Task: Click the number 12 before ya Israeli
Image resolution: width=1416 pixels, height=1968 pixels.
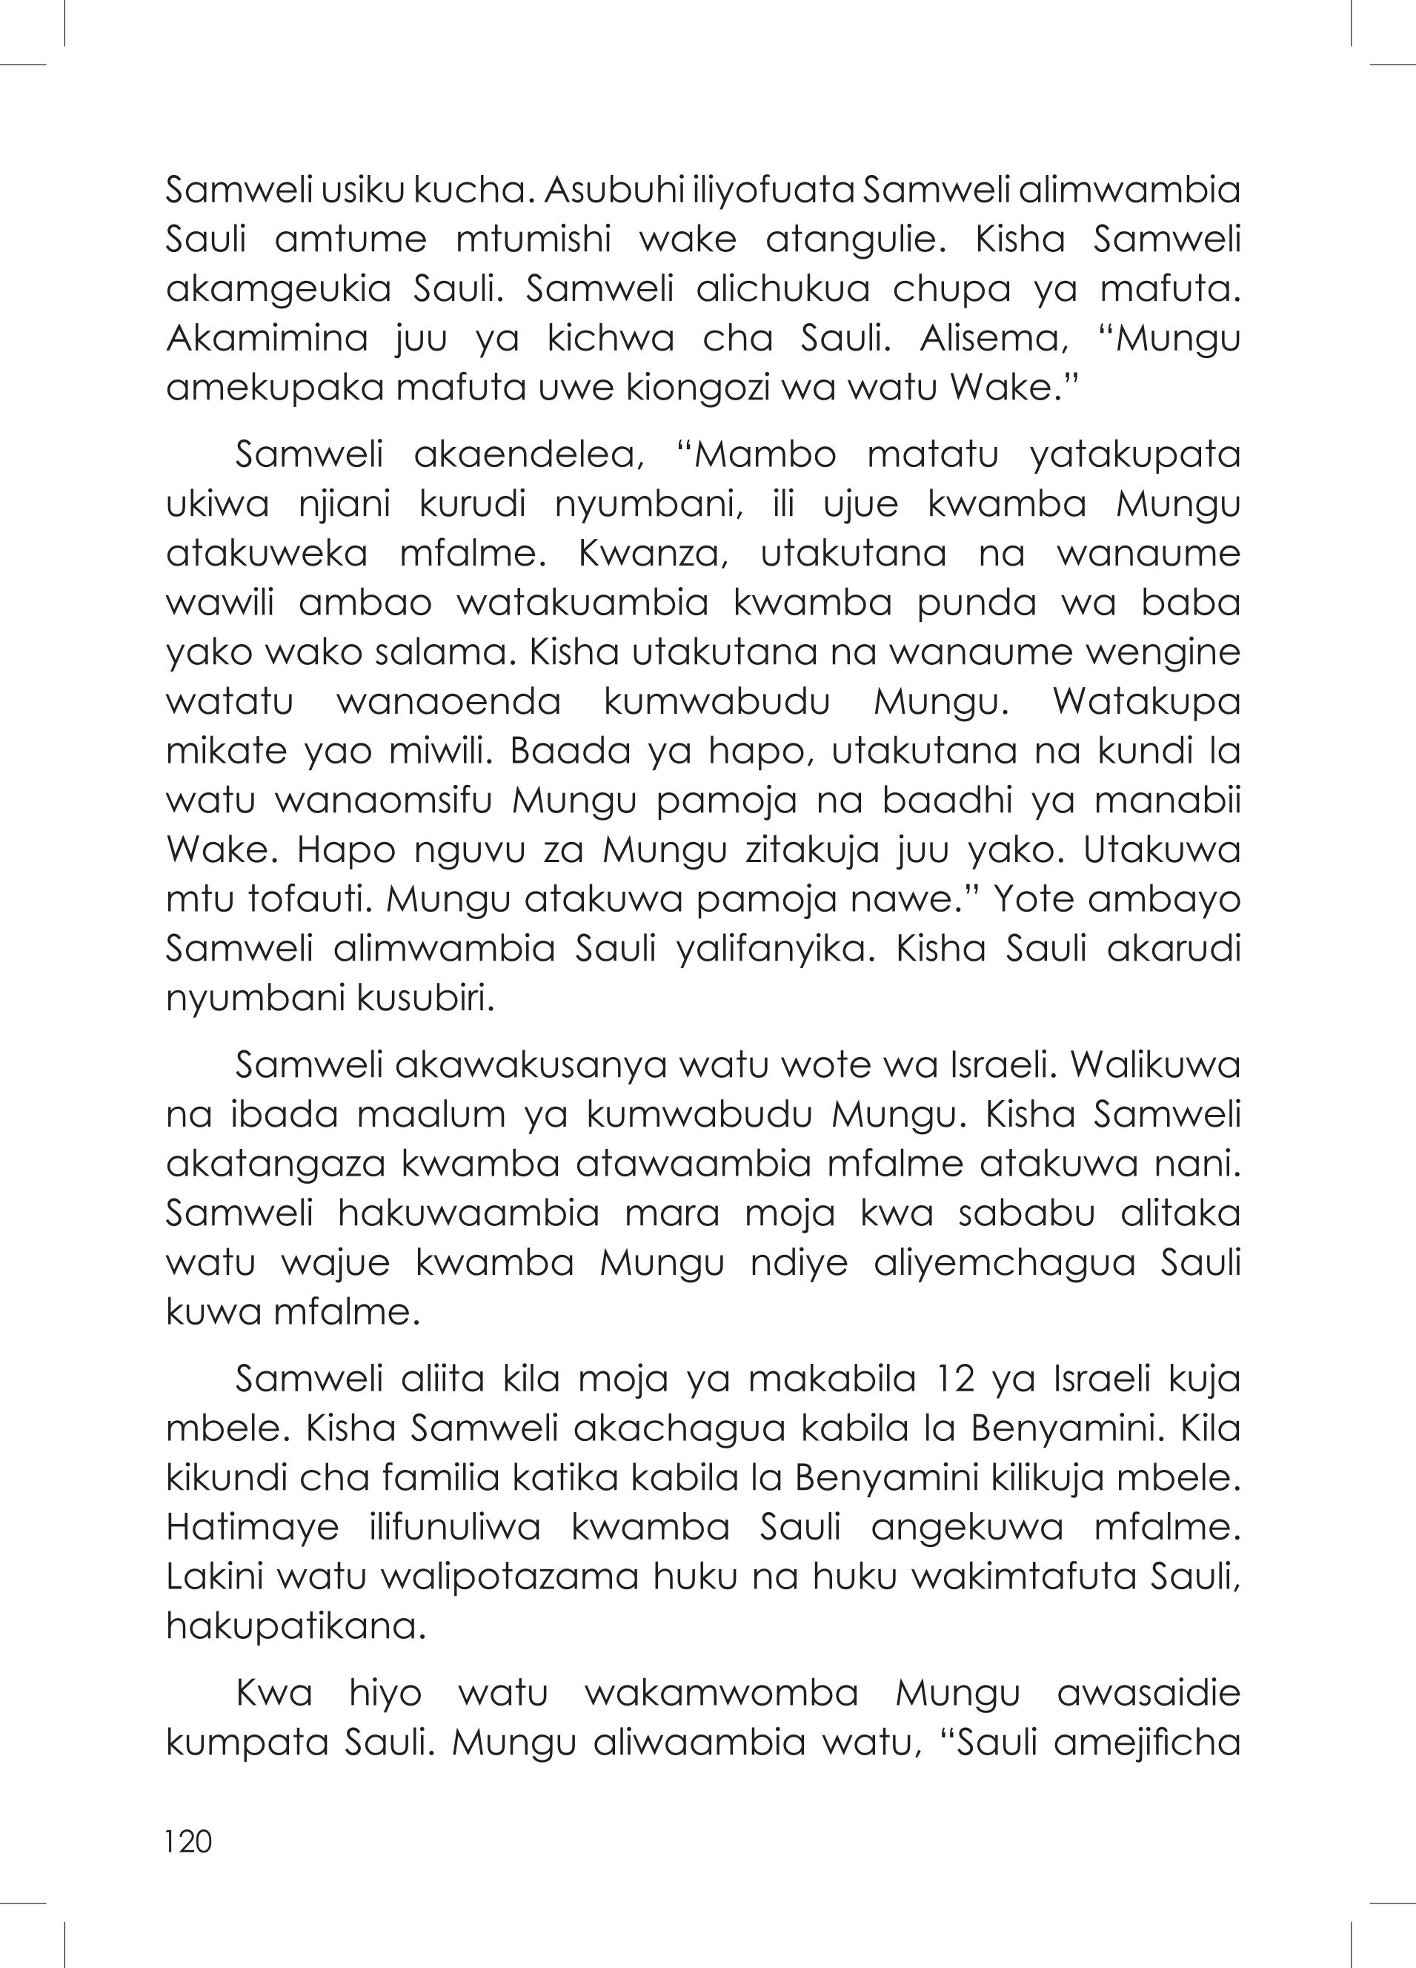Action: (953, 1378)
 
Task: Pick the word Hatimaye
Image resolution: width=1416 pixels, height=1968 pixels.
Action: (252, 1526)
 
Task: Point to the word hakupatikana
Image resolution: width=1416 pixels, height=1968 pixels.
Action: (296, 1626)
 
